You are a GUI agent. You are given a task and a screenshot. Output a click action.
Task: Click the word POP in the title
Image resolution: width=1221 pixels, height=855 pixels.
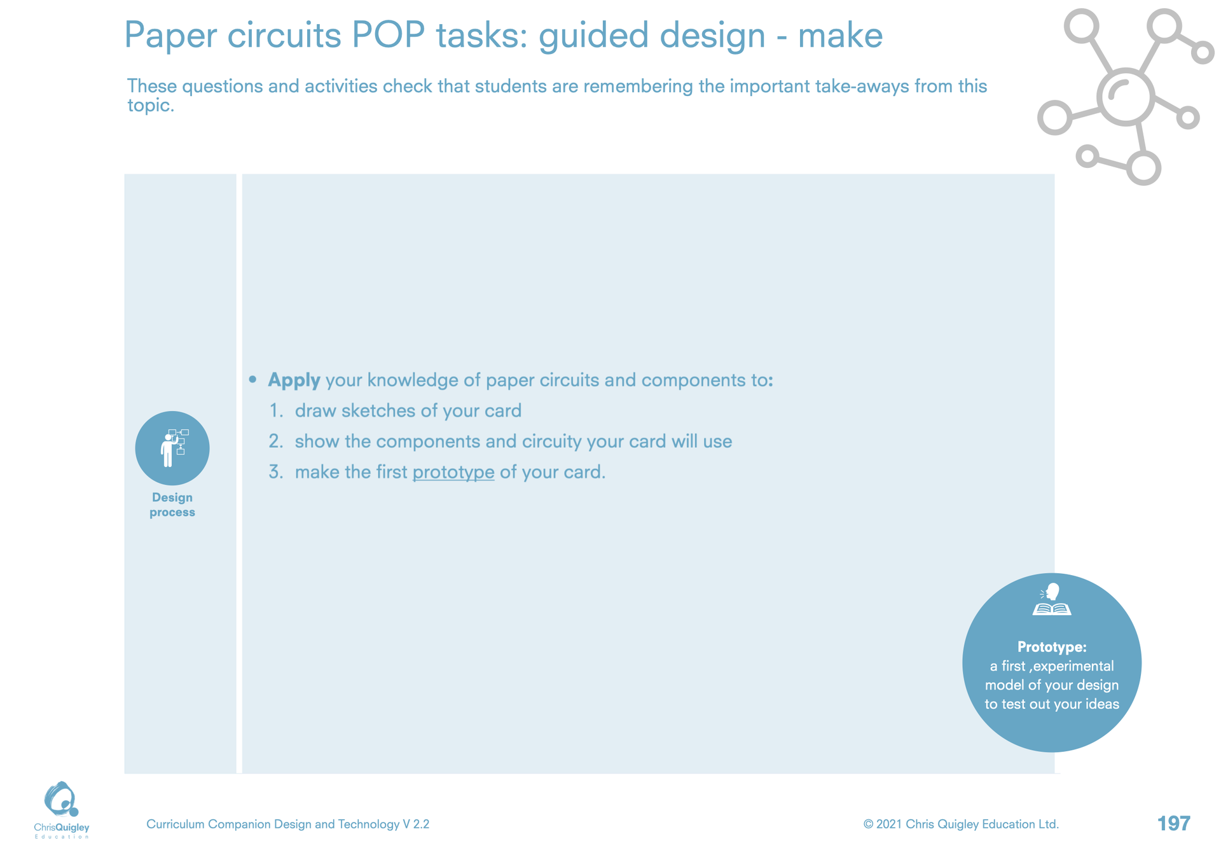click(388, 35)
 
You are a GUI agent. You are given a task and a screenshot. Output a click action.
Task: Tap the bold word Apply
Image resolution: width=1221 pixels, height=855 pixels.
click(294, 380)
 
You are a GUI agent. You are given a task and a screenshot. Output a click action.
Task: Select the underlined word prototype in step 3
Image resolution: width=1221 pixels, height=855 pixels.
click(453, 473)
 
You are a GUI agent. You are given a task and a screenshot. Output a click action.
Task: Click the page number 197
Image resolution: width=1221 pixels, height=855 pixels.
click(1173, 824)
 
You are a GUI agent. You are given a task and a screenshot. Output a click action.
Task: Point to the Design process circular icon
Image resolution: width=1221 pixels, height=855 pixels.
click(172, 448)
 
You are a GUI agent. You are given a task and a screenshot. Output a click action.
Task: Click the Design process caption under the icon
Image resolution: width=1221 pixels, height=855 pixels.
click(172, 505)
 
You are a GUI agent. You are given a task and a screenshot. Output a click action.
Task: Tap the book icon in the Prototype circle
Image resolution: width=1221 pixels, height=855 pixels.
click(1052, 600)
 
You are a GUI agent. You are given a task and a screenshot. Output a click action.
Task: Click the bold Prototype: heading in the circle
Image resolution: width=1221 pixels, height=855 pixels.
click(1052, 647)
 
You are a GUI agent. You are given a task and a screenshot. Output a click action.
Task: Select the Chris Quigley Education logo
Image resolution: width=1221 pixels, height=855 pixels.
click(62, 809)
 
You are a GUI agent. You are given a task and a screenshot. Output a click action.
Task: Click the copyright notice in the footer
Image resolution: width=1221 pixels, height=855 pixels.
click(961, 824)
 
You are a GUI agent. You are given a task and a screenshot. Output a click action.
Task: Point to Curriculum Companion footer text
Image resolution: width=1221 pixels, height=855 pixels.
click(287, 824)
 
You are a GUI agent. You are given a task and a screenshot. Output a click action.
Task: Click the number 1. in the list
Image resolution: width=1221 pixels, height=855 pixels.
click(276, 411)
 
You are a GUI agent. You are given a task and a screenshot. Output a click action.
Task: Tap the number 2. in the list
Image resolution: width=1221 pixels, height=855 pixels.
click(276, 441)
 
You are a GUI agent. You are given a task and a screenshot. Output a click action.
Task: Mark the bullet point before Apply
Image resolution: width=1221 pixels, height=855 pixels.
click(252, 379)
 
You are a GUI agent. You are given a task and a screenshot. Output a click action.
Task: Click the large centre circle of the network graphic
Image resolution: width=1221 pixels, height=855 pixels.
click(1126, 97)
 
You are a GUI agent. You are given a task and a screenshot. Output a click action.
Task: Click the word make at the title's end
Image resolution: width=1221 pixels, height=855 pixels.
click(840, 35)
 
